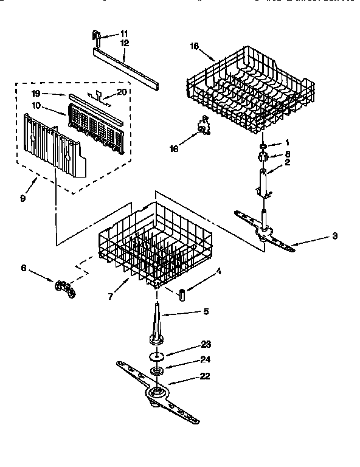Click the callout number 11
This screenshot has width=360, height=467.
pos(124,32)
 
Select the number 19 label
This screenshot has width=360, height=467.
pos(36,94)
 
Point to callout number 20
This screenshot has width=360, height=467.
pos(122,92)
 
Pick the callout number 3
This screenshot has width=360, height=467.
pos(334,235)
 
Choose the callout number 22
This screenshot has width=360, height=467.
pos(205,376)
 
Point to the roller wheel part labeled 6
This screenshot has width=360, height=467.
pos(64,288)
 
